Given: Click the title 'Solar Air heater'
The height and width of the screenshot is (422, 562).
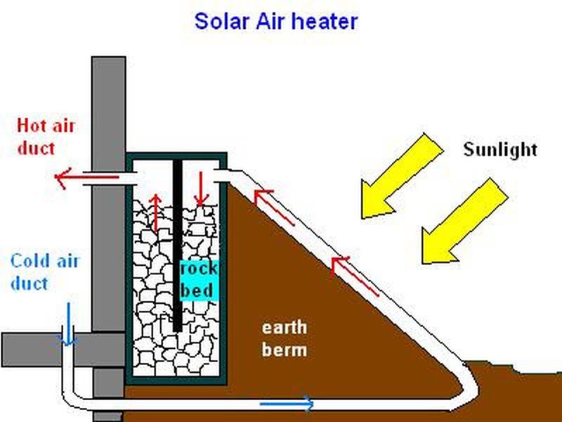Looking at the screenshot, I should (x=275, y=20).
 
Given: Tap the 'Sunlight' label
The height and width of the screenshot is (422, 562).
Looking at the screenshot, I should (x=500, y=149).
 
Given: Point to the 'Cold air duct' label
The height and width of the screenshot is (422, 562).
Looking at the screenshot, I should (x=45, y=272).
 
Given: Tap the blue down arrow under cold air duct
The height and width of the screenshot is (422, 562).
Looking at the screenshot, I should (x=68, y=325).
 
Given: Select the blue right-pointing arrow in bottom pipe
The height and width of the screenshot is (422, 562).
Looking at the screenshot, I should (x=288, y=403).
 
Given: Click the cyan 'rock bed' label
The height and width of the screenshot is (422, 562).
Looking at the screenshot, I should (x=199, y=279).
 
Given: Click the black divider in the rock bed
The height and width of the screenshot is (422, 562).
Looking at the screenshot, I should (x=177, y=246).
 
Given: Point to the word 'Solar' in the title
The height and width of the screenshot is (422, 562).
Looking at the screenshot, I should (x=218, y=20).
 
